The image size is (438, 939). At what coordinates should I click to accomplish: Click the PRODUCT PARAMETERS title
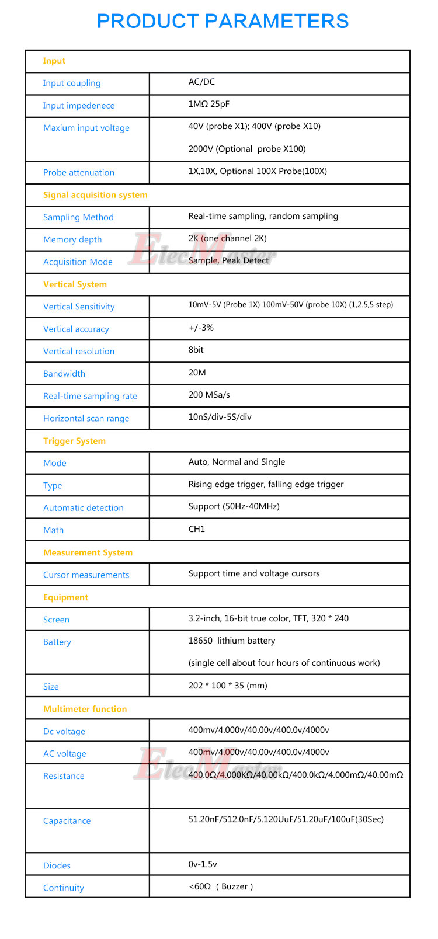(x=223, y=21)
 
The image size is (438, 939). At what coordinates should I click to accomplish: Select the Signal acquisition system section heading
(x=95, y=195)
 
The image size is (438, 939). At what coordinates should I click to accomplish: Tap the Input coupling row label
(x=71, y=83)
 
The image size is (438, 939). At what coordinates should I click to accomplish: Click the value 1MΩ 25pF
(x=208, y=105)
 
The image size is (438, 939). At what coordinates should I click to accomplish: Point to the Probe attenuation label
(x=78, y=172)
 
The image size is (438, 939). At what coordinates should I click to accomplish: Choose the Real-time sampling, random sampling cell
(x=263, y=216)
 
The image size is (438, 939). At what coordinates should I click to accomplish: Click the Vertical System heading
(x=75, y=284)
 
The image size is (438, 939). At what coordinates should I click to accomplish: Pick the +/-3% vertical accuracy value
(x=201, y=328)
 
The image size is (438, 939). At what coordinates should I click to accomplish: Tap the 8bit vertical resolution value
(x=196, y=350)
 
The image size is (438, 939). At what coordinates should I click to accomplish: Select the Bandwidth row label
(x=64, y=374)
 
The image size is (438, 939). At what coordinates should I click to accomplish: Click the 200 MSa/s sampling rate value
(x=209, y=395)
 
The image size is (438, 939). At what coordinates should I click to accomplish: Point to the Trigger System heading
(x=74, y=441)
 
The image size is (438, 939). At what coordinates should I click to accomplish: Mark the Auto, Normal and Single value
(x=237, y=462)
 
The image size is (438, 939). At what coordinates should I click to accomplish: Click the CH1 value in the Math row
(x=196, y=529)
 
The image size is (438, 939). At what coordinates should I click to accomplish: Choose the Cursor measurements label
(x=86, y=575)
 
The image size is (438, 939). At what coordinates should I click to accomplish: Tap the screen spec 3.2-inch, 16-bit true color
(x=268, y=618)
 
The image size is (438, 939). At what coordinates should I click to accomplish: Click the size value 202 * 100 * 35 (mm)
(x=227, y=686)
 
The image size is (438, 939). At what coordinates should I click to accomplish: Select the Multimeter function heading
(x=85, y=709)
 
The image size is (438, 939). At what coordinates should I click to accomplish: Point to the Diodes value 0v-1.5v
(x=202, y=864)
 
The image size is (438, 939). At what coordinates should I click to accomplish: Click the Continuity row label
(x=63, y=888)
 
